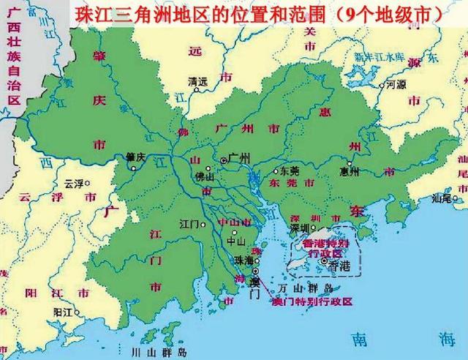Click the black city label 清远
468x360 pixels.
[x=197, y=81]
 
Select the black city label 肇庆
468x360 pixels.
[x=136, y=156]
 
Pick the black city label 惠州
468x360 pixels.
[x=350, y=172]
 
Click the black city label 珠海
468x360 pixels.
[x=244, y=260]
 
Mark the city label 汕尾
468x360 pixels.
[x=441, y=198]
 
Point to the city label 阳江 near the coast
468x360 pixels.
[x=62, y=311]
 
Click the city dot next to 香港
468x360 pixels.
[x=324, y=261]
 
